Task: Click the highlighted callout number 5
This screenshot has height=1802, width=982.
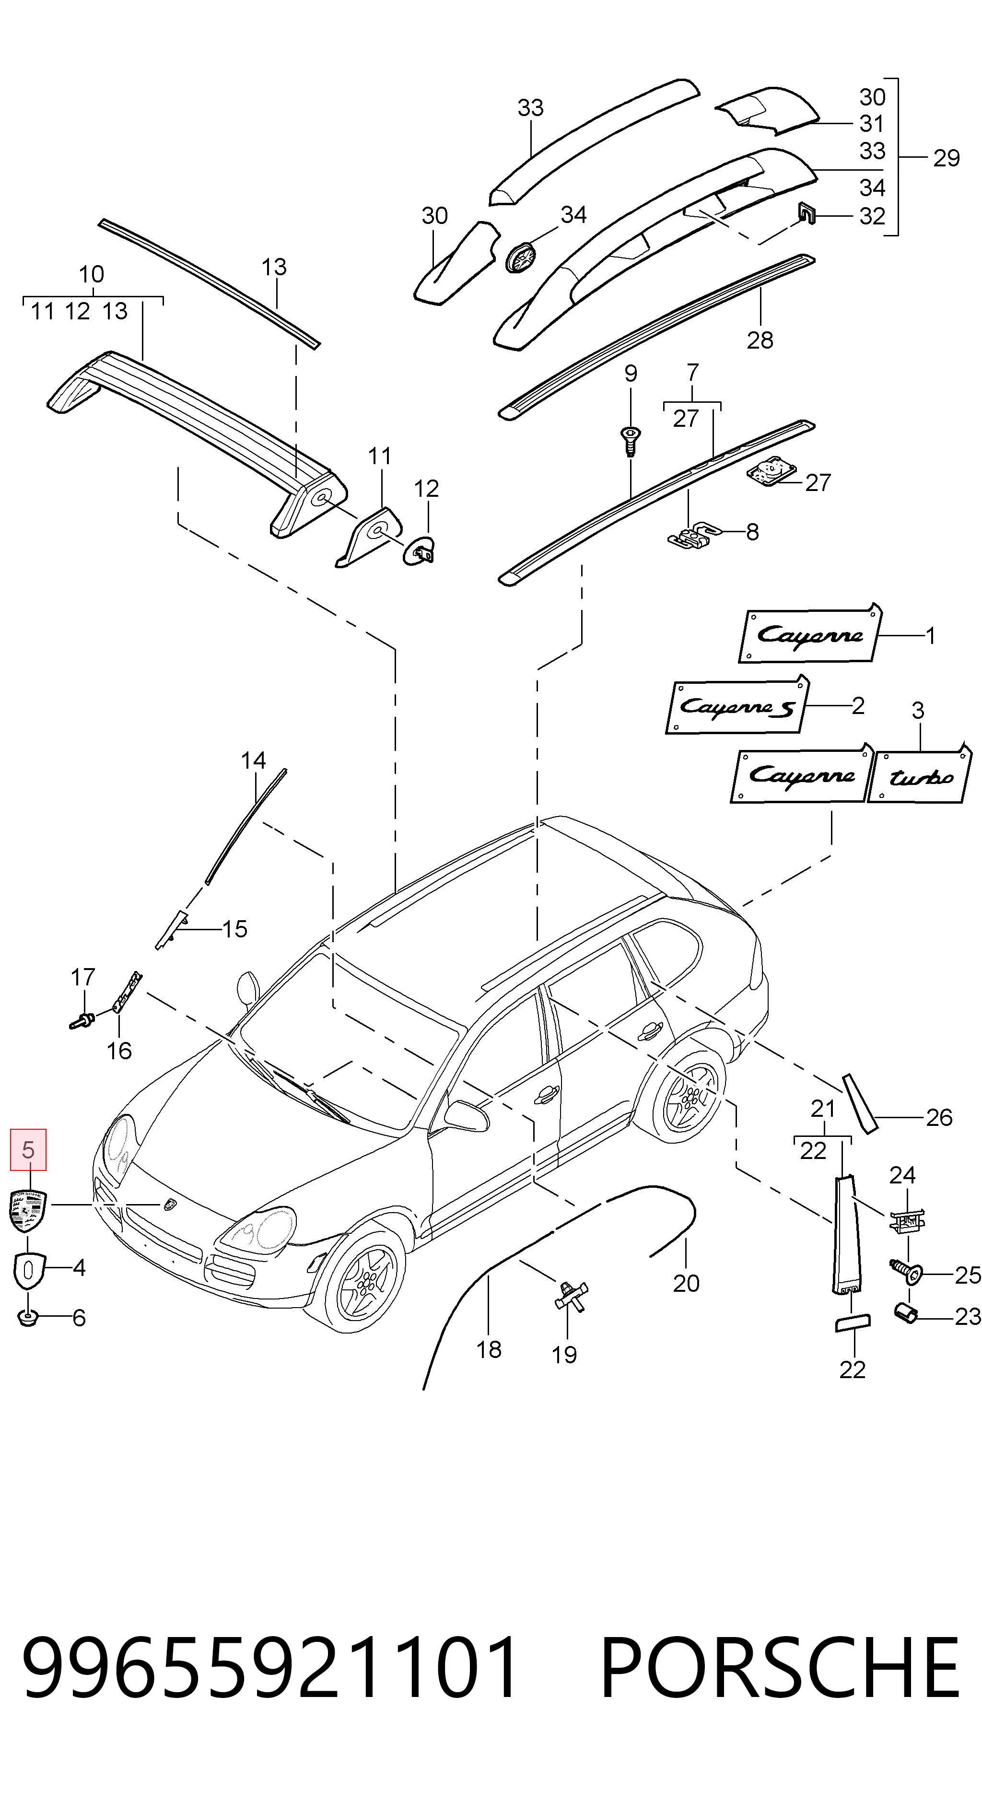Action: [28, 1149]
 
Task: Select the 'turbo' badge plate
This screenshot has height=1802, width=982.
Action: [920, 774]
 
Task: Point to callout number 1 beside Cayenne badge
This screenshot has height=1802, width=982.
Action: [930, 635]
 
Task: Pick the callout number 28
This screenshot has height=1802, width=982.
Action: [760, 340]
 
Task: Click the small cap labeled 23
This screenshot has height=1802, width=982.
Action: [906, 1312]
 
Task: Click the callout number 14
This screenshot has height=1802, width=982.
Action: [253, 761]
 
